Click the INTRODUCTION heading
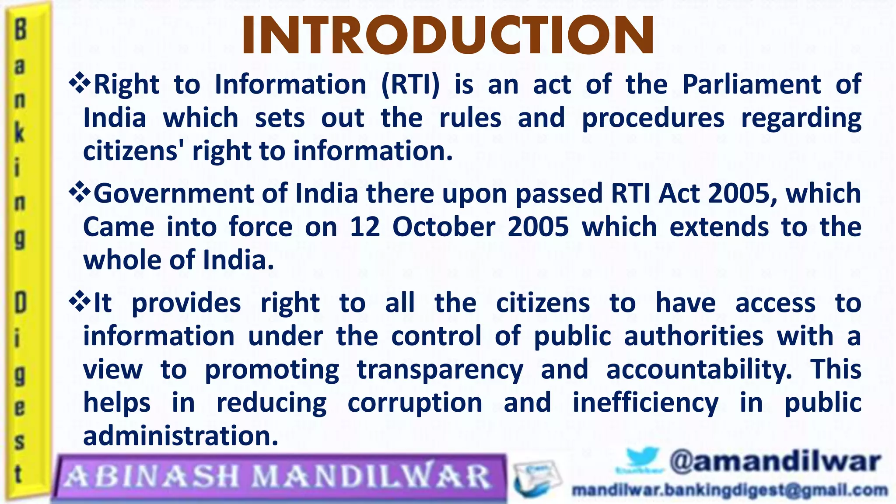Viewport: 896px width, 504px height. pyautogui.click(x=448, y=35)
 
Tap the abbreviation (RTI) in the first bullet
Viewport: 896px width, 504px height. pyautogui.click(x=410, y=84)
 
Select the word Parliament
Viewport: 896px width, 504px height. pyautogui.click(x=751, y=84)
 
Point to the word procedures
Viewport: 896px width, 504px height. pyautogui.click(x=653, y=119)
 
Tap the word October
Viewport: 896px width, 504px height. pyautogui.click(x=443, y=227)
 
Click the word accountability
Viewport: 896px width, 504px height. pyautogui.click(x=699, y=369)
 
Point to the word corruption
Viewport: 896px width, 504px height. pyautogui.click(x=414, y=403)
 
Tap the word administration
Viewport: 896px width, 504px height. pyautogui.click(x=181, y=436)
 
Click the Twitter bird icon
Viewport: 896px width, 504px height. pyautogui.click(x=641, y=460)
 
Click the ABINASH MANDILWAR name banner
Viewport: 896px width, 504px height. pyautogui.click(x=279, y=477)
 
